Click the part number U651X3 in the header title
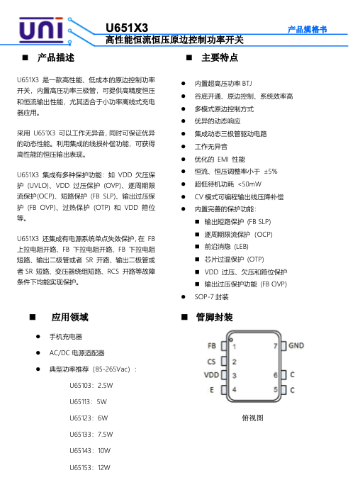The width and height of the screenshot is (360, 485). pos(126,28)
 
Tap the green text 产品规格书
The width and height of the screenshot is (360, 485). pos(307,29)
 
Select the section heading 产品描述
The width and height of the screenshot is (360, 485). pos(56,57)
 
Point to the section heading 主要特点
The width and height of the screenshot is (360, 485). pos(220,57)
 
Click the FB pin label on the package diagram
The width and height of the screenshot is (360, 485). pos(211,347)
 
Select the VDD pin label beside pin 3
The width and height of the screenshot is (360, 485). pos(210,375)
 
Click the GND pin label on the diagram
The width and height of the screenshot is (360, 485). pos(296,347)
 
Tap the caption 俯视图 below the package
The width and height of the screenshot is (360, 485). pos(252,418)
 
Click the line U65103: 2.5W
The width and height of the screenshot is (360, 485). pos(91,386)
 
